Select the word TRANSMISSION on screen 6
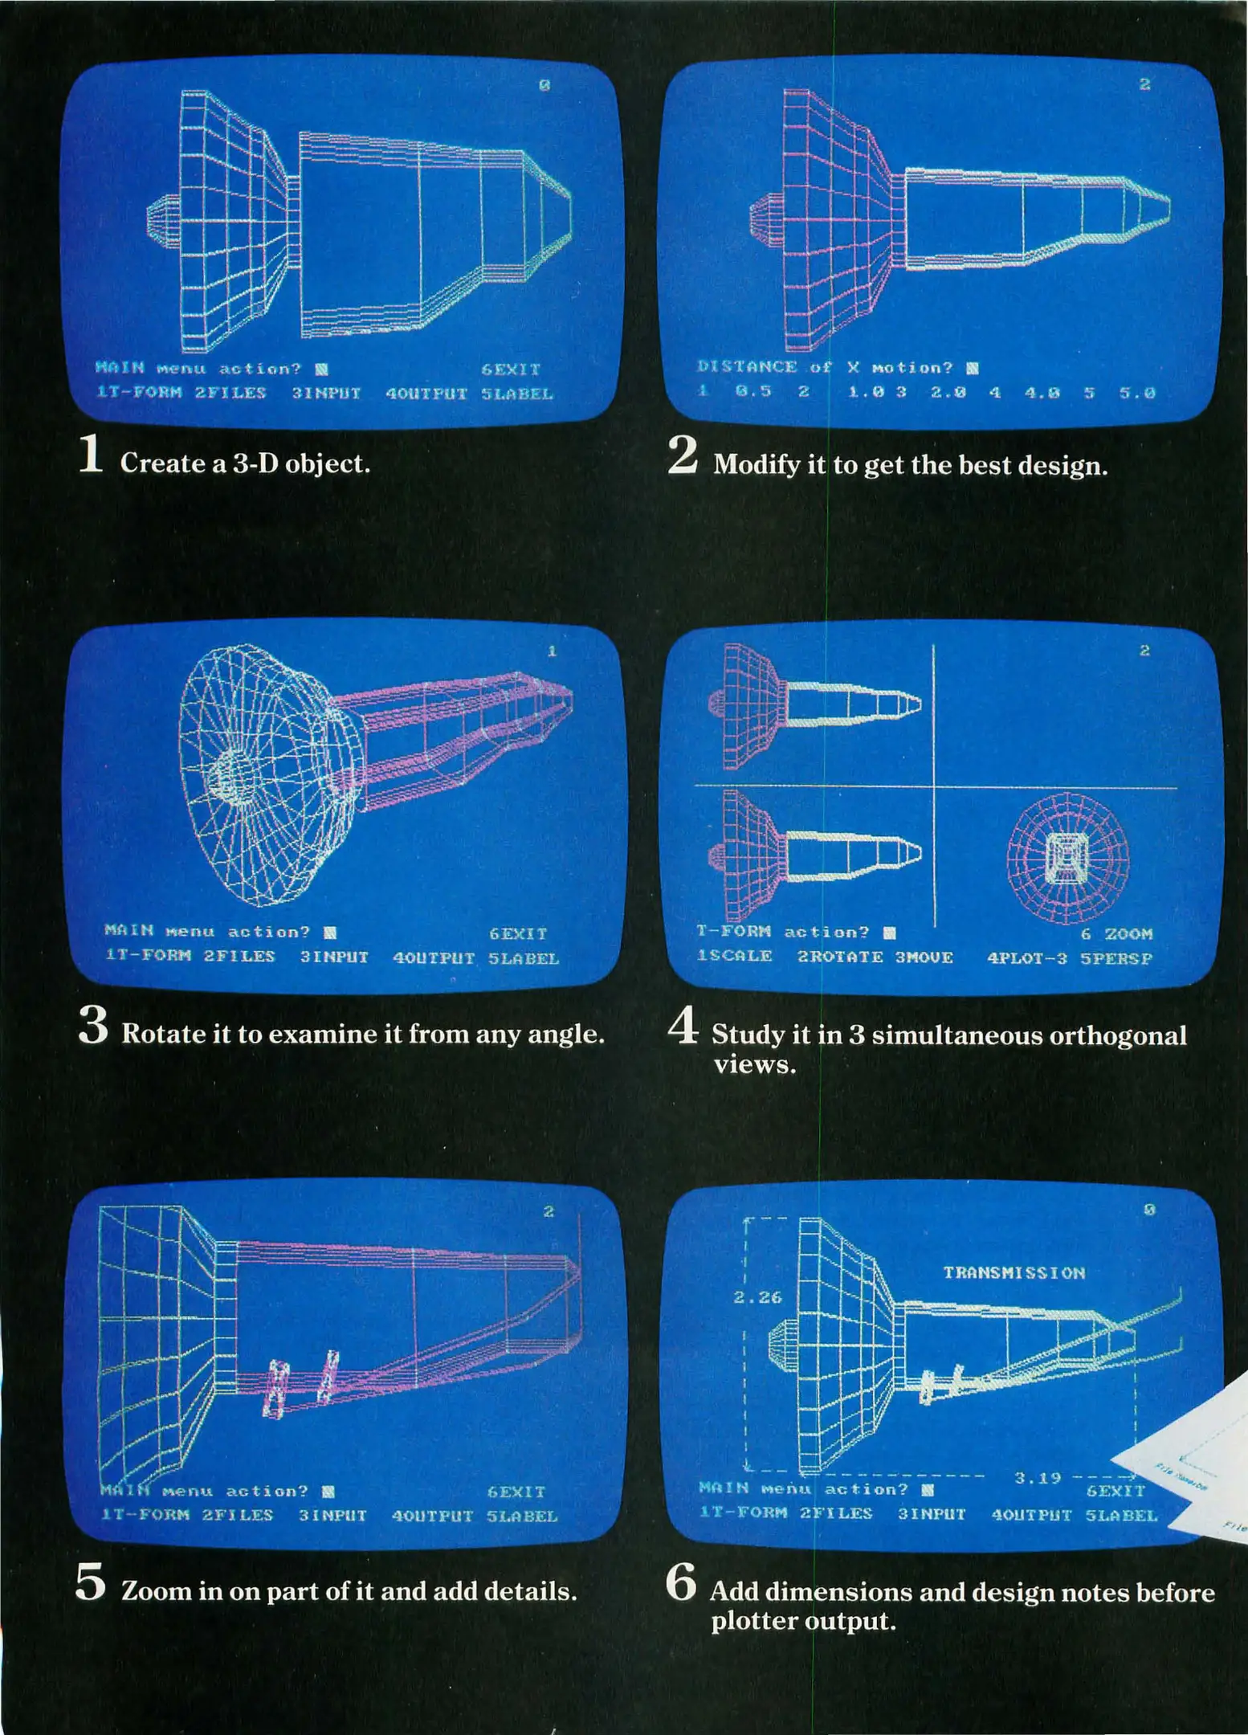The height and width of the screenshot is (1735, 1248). (x=1013, y=1272)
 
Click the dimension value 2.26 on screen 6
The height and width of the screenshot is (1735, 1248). (x=757, y=1296)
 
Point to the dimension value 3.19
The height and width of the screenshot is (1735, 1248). (x=1038, y=1477)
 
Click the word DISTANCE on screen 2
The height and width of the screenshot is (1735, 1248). (x=747, y=367)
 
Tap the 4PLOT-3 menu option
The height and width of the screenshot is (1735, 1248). (x=1026, y=957)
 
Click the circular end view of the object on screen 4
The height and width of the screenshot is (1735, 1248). (x=1067, y=859)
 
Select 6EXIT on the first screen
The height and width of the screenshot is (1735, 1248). (x=511, y=369)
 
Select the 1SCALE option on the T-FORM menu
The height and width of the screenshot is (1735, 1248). (x=734, y=957)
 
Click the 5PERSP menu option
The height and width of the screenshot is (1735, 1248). (x=1116, y=958)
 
